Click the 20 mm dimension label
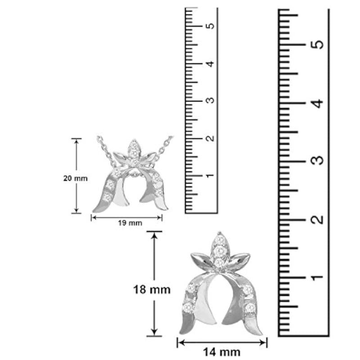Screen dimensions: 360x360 click(x=75, y=178)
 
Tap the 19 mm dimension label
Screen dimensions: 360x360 click(x=130, y=223)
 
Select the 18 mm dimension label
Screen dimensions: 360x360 click(x=152, y=289)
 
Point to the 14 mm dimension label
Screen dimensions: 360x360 click(x=221, y=352)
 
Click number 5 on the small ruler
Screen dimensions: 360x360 click(x=210, y=26)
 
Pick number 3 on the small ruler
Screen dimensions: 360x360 click(x=210, y=100)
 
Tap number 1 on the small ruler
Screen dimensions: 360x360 click(x=210, y=175)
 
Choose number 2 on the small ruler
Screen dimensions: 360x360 click(x=210, y=138)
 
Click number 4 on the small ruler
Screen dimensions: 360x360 click(x=210, y=63)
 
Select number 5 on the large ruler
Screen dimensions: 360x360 click(x=317, y=44)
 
